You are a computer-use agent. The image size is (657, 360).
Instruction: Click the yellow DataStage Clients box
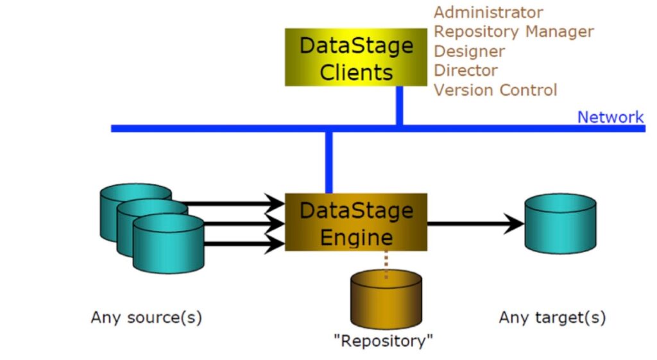355,57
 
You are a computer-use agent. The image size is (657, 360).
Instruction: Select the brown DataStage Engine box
355,222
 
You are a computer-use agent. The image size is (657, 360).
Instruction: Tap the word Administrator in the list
488,12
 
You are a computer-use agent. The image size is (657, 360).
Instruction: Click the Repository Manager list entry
513,31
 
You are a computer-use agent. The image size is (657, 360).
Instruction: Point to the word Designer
469,51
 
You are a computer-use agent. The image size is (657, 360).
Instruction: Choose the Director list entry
465,71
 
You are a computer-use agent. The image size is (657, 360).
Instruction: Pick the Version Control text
495,90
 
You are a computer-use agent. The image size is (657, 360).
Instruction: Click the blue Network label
610,117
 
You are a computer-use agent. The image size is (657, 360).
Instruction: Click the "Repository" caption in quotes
384,340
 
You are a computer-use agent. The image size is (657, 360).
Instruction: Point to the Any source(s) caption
146,317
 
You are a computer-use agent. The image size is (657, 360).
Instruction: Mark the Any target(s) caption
552,317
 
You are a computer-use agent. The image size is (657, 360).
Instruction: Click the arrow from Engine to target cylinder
475,224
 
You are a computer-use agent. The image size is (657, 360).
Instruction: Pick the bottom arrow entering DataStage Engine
244,243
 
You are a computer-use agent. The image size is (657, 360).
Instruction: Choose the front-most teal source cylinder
168,243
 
